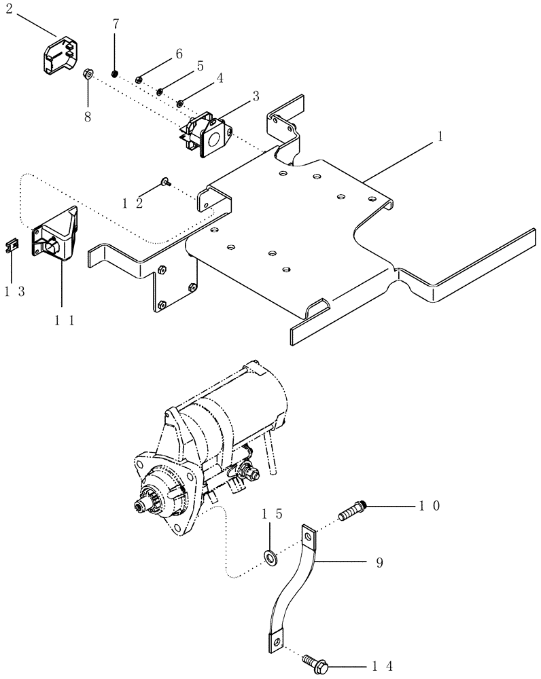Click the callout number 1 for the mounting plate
tap(440, 136)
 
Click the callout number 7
tap(116, 24)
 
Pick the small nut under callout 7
tap(115, 73)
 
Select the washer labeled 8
tap(88, 73)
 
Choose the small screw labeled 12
tap(164, 181)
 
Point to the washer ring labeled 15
tap(272, 558)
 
